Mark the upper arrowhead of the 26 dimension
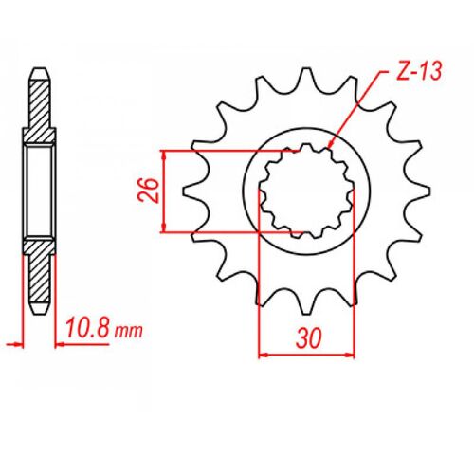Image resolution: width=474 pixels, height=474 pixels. coord(167,155)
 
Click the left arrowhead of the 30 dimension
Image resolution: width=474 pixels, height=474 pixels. coord(264,355)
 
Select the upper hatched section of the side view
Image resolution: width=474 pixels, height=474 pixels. coord(37,109)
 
